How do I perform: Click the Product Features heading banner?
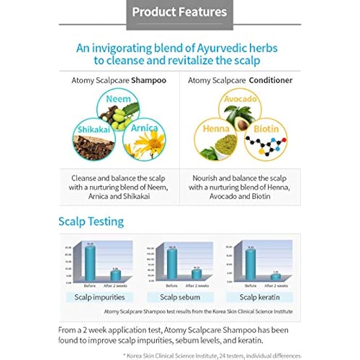tap(179, 12)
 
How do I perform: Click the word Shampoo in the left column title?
tap(149, 80)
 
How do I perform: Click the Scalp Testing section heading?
tap(91, 222)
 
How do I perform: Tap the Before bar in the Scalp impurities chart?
tap(91, 263)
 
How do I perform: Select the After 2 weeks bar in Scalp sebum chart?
tap(197, 275)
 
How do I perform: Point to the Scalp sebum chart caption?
tap(179, 297)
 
